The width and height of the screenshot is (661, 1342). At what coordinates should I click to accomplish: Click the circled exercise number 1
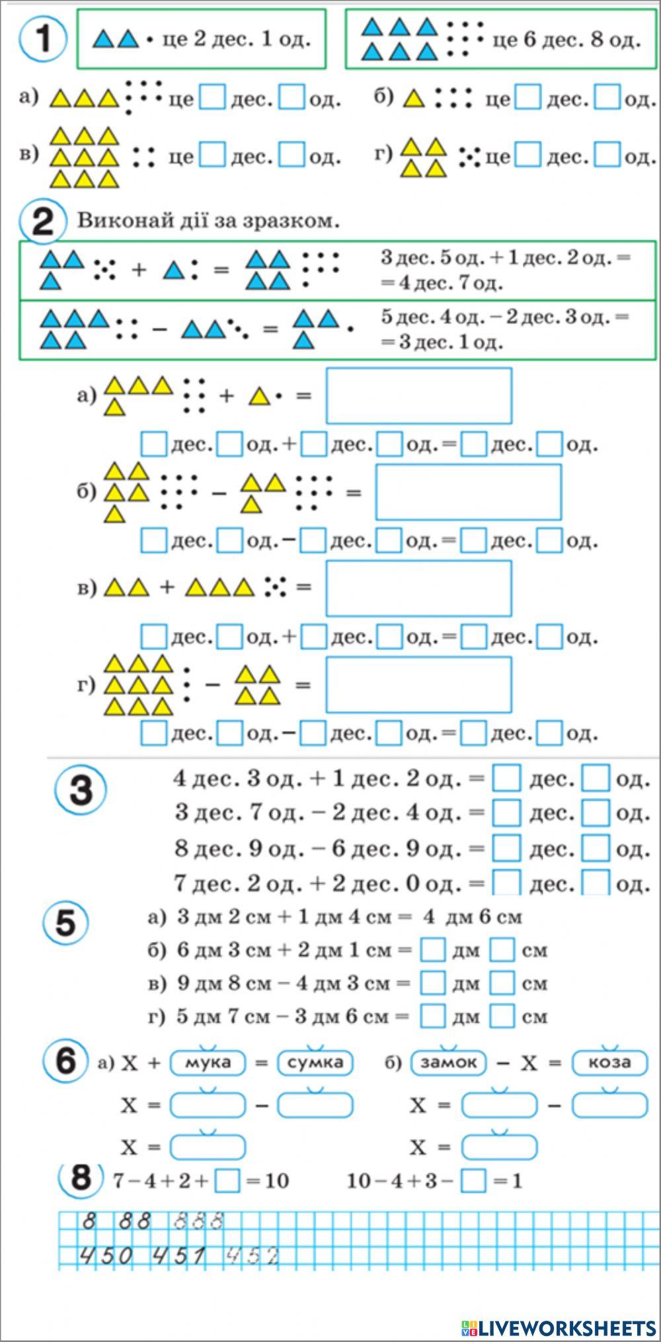pos(42,38)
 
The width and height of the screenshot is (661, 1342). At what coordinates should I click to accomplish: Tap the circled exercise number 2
pos(42,221)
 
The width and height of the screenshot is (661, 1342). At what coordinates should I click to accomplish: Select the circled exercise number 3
pos(80,790)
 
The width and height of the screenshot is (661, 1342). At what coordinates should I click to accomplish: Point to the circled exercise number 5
pos(66,923)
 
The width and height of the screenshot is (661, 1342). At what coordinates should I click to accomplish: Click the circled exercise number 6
pos(66,1062)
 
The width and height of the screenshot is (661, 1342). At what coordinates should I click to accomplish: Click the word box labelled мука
pos(208,1062)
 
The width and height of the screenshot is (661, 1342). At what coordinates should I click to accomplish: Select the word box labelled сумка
pos(315,1062)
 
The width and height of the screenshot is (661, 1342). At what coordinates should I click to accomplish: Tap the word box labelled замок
pos(449,1062)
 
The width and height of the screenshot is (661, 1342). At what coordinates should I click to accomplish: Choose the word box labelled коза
pos(609,1062)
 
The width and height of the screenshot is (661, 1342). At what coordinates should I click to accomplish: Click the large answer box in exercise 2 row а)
pos(418,395)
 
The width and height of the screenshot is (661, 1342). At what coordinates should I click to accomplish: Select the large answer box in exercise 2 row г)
pos(418,684)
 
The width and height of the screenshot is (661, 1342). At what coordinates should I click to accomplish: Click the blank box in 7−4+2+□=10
pos(227,1181)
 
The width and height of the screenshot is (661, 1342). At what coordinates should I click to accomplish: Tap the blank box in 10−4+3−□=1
pos(473,1181)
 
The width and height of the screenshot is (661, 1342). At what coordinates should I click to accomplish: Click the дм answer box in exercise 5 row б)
pos(433,951)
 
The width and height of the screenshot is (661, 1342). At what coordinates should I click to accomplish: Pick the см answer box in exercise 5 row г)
pos(502,1016)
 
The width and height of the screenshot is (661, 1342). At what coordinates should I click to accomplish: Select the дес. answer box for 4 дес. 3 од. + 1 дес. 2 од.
pos(507,778)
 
